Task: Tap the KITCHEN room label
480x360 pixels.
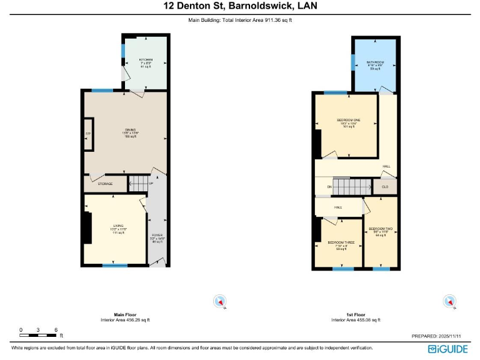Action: (x=146, y=60)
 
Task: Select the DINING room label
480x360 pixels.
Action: (x=129, y=130)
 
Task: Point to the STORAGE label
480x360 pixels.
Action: (x=105, y=184)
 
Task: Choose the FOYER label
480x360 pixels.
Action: (x=157, y=235)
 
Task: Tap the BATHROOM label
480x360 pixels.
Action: (x=374, y=62)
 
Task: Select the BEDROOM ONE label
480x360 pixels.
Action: (x=348, y=120)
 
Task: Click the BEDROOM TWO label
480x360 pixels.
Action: (x=380, y=229)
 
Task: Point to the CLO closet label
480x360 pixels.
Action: (x=385, y=187)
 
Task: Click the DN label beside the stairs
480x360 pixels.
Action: (x=329, y=187)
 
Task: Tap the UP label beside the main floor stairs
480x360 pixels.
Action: (x=151, y=183)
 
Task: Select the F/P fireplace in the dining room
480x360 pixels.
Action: (x=88, y=134)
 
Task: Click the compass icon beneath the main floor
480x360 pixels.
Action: (x=219, y=301)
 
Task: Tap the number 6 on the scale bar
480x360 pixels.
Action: (x=56, y=329)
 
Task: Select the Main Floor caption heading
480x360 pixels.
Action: (x=125, y=314)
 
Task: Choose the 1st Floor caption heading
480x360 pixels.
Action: (x=355, y=314)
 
